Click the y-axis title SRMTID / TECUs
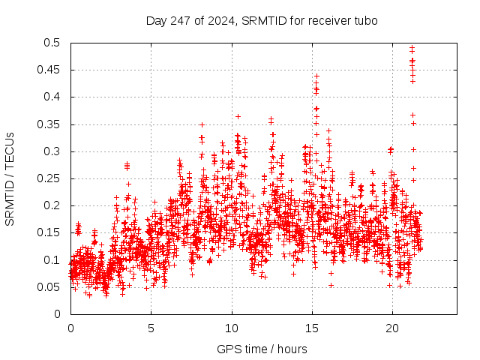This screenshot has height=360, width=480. [x=10, y=178]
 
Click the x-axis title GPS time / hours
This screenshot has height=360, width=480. [x=262, y=349]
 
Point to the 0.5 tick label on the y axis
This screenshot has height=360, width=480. [x=52, y=43]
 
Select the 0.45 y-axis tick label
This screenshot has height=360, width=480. [x=49, y=70]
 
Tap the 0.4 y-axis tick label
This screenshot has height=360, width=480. [x=52, y=97]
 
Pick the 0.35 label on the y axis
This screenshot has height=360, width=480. [x=49, y=124]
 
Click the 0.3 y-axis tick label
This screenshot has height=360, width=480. [x=52, y=151]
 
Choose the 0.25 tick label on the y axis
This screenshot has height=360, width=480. [x=49, y=178]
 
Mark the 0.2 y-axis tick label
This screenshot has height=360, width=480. [x=52, y=205]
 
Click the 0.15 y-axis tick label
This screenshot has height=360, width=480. [x=49, y=232]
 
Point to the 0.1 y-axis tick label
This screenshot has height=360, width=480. [x=52, y=259]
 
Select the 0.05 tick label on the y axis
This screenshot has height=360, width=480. [x=49, y=286]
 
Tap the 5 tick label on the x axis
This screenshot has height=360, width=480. [x=151, y=328]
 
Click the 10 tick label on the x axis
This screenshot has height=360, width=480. [x=232, y=328]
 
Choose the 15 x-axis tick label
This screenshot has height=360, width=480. [x=312, y=328]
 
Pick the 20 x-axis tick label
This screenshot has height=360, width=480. [x=392, y=328]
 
